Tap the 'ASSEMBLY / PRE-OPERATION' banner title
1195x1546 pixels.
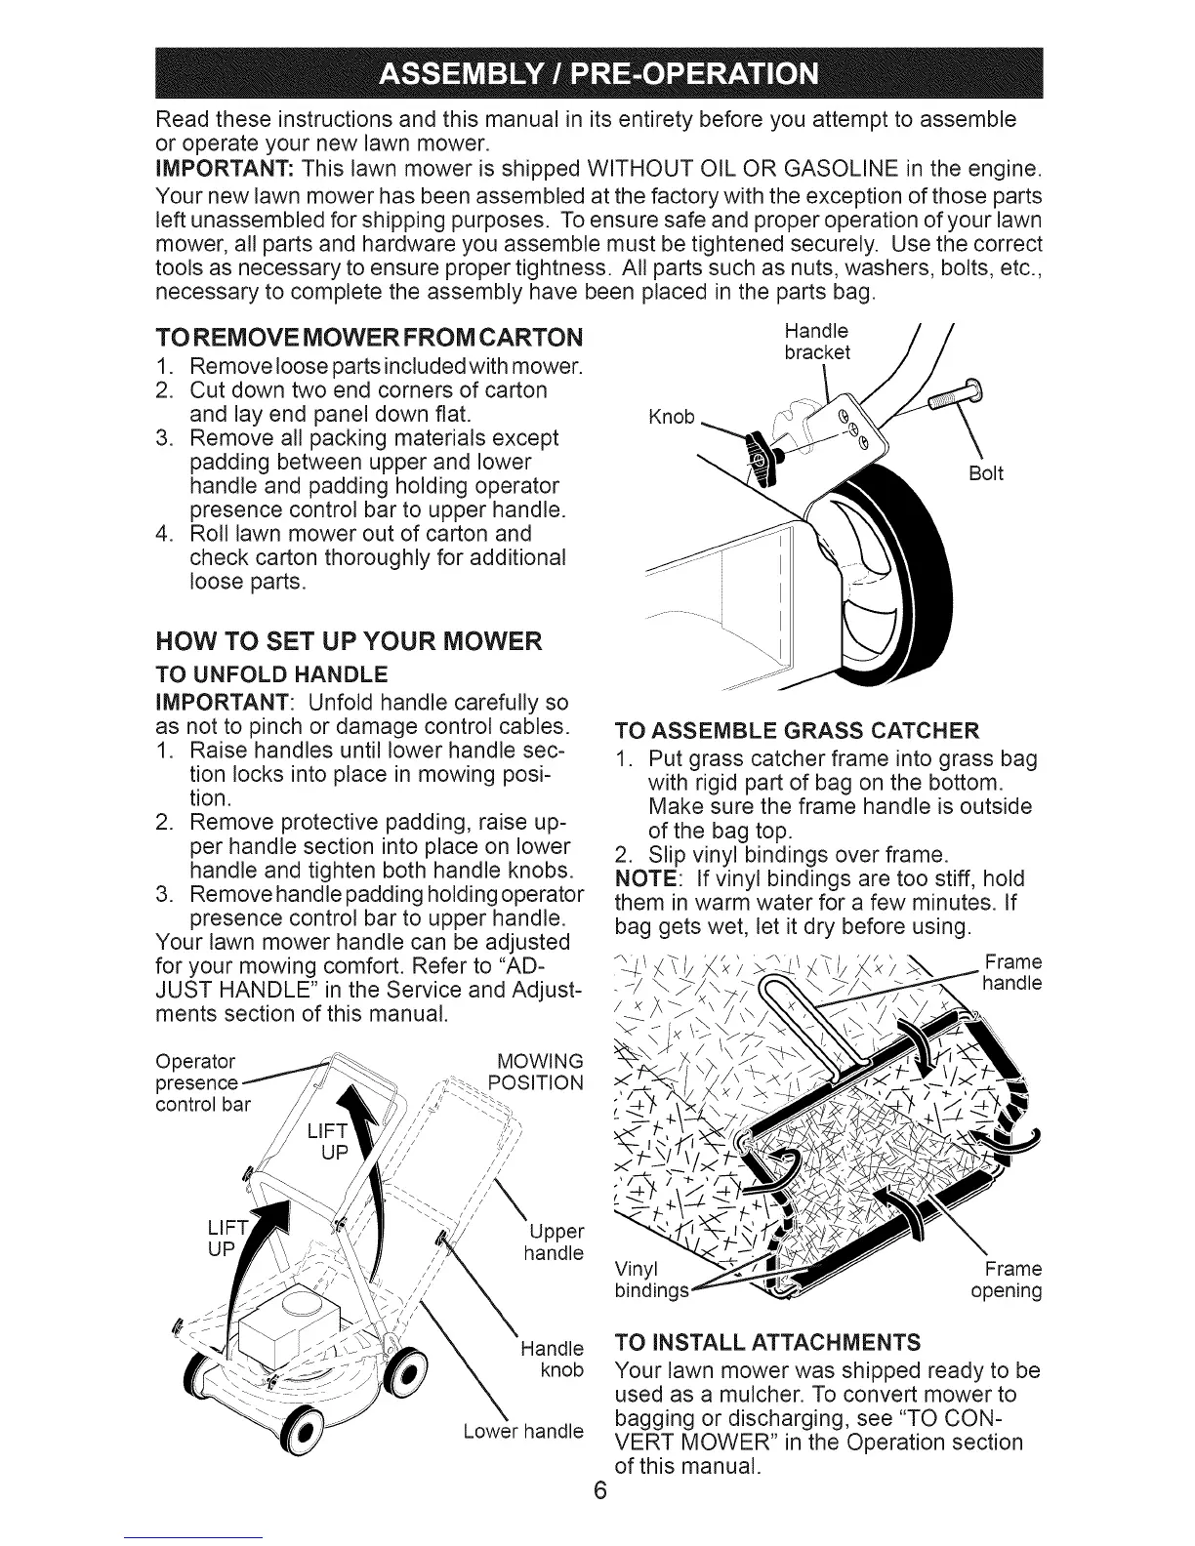point(597,74)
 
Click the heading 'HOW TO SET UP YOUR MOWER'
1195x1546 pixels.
point(349,642)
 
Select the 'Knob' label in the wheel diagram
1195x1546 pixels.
point(673,418)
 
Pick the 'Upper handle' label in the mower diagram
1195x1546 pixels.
point(554,1241)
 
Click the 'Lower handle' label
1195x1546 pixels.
point(524,1431)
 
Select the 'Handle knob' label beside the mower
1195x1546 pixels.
point(553,1360)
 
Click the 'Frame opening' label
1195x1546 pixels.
point(1007,1281)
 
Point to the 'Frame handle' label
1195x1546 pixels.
point(1012,972)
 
